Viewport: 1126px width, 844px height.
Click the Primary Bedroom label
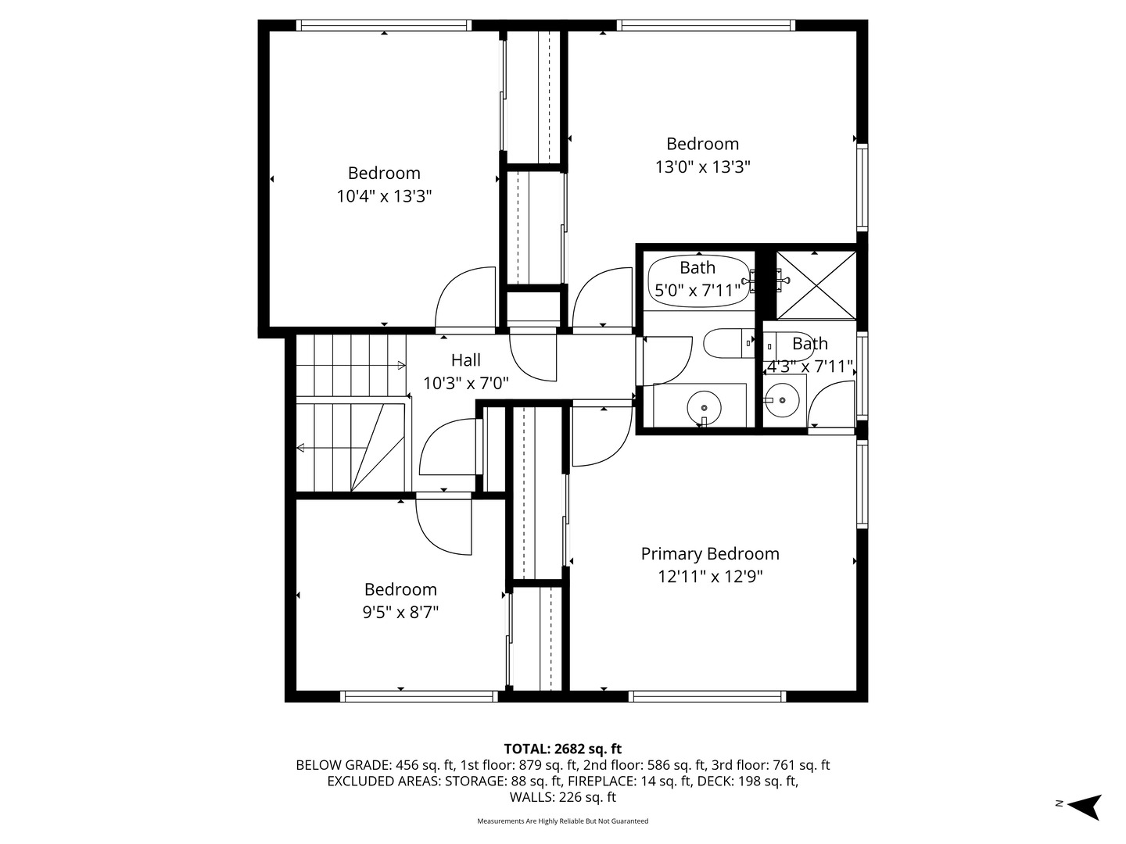[x=710, y=553]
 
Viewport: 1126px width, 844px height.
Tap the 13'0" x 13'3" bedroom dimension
[x=702, y=166]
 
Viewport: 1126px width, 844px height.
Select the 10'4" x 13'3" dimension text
[x=384, y=196]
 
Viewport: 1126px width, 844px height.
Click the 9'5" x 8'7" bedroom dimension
[x=400, y=612]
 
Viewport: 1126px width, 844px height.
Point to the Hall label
[x=465, y=360]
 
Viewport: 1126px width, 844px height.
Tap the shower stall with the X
[x=816, y=285]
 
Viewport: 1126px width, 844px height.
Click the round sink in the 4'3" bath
[x=780, y=401]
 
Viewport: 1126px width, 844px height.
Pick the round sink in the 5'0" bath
[x=705, y=407]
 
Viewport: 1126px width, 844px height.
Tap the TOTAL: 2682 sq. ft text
[x=562, y=749]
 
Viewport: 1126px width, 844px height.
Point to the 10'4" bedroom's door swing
[x=466, y=299]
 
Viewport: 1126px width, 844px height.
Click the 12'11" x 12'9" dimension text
[x=710, y=577]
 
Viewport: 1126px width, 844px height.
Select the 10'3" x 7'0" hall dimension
[x=465, y=384]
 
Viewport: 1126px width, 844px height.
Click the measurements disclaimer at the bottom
[x=562, y=821]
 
